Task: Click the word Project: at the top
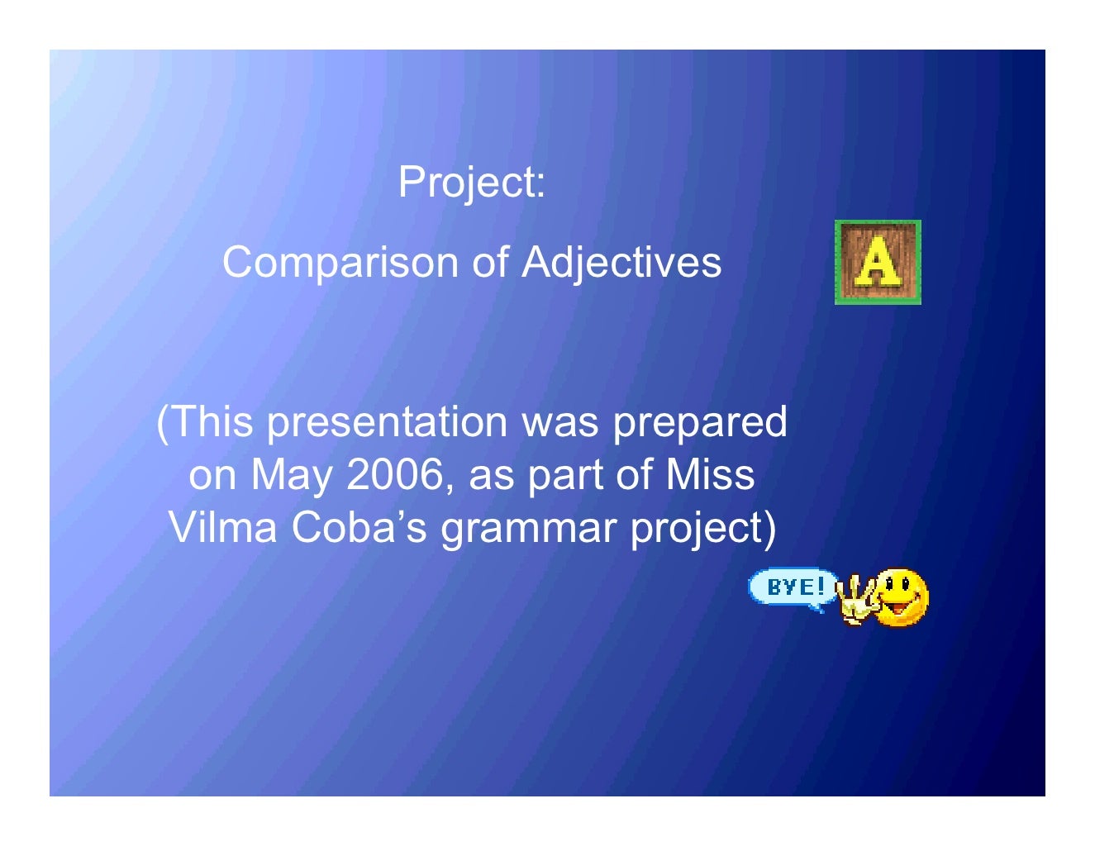tap(471, 182)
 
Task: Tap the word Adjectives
tap(621, 263)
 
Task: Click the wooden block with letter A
tap(877, 263)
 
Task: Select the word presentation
tap(387, 422)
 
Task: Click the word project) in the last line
tap(703, 529)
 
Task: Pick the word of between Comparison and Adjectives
tap(489, 263)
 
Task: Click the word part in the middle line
tap(561, 475)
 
